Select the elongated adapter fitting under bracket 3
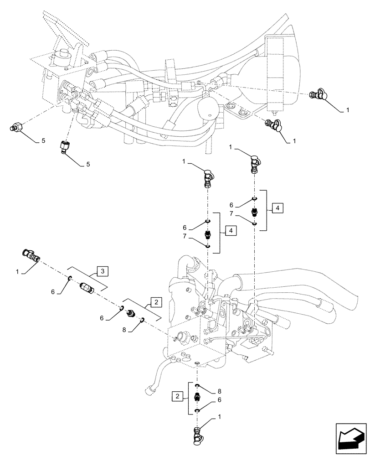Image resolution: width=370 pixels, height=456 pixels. (86, 288)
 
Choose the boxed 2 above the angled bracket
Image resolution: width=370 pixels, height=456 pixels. (155, 301)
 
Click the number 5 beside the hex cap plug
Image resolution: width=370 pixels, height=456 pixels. (43, 141)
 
